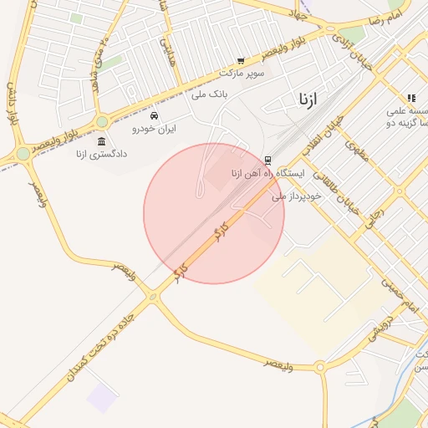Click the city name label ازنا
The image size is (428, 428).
308,99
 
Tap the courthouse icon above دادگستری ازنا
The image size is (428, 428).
102,140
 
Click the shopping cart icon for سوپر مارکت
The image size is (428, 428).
241,61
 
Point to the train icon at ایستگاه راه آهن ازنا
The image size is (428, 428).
267,160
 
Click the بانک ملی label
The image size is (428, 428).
210,93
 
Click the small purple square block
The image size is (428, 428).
102,397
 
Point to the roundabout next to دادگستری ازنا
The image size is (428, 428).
23,155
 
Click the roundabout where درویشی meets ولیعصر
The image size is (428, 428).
320,366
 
